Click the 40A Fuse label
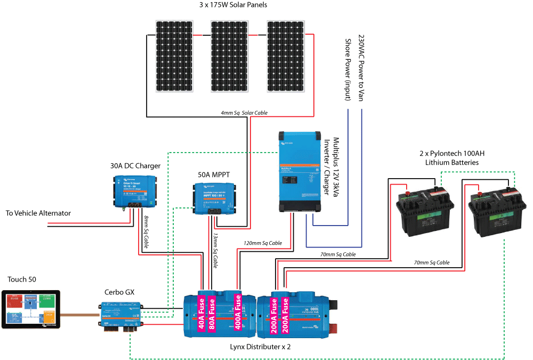tap(201, 313)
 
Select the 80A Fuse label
tap(212, 313)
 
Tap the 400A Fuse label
tap(237, 313)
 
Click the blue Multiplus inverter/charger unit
tap(300, 172)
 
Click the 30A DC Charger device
tap(135, 191)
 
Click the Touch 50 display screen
tap(31, 310)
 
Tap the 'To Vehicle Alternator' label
tap(38, 213)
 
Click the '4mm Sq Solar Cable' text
tap(244, 113)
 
